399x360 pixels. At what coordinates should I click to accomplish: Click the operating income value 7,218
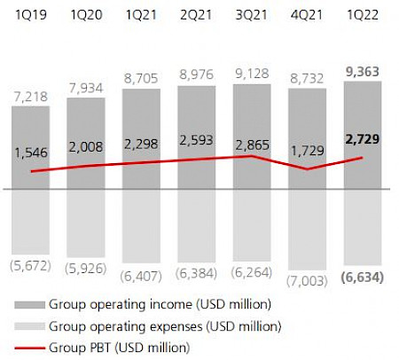[33, 94]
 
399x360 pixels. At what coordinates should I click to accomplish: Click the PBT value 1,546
[33, 153]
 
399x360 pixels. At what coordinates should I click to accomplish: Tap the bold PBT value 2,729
[363, 142]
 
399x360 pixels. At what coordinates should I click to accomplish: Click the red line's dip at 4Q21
[308, 168]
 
